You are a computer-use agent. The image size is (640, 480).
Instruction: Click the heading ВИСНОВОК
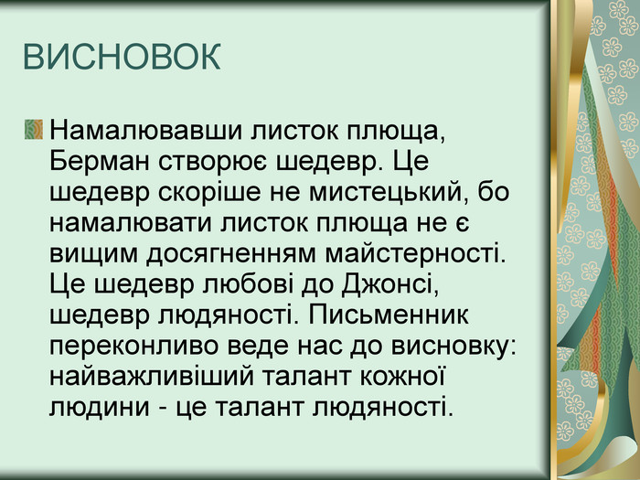click(x=122, y=58)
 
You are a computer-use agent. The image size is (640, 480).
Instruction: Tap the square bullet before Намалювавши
click(x=35, y=128)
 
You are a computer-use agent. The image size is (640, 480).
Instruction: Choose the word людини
click(x=91, y=403)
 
